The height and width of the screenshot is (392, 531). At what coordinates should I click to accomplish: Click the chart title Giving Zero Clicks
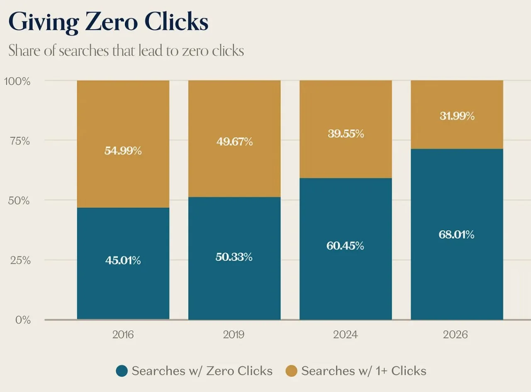pos(108,22)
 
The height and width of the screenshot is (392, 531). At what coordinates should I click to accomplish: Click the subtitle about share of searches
pos(126,51)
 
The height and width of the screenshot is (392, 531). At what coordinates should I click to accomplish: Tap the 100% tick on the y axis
pos(17,81)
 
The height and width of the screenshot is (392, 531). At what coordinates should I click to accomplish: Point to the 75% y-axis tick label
pos(20,141)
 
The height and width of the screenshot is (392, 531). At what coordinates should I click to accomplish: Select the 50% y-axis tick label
pos(19,201)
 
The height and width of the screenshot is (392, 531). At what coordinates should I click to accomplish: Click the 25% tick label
pos(20,260)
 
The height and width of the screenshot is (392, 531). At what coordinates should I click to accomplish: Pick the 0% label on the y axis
pos(23,320)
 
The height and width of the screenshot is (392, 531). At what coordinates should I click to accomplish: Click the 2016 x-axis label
pos(123,335)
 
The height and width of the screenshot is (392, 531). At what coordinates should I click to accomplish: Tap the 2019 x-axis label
pos(234,335)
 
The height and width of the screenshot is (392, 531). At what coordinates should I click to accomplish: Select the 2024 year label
pos(346,335)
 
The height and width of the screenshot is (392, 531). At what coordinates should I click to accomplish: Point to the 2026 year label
pos(455,335)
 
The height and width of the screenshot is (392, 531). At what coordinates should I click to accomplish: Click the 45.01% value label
pos(123,260)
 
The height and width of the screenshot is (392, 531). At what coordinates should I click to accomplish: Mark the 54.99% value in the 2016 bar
pos(123,151)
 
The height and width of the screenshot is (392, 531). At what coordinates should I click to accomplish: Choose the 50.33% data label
pos(234,257)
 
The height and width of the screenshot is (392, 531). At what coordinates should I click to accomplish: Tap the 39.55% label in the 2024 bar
pos(346,134)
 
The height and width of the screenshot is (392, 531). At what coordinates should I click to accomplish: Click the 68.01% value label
pos(456,235)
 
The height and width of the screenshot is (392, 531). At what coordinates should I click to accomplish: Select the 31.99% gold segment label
pos(457,116)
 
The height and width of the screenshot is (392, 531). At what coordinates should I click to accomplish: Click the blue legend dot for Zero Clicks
pos(122,371)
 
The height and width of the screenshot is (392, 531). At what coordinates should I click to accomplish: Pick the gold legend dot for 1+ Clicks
pos(291,371)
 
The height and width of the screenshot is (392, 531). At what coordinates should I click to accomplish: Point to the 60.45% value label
pos(345,245)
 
